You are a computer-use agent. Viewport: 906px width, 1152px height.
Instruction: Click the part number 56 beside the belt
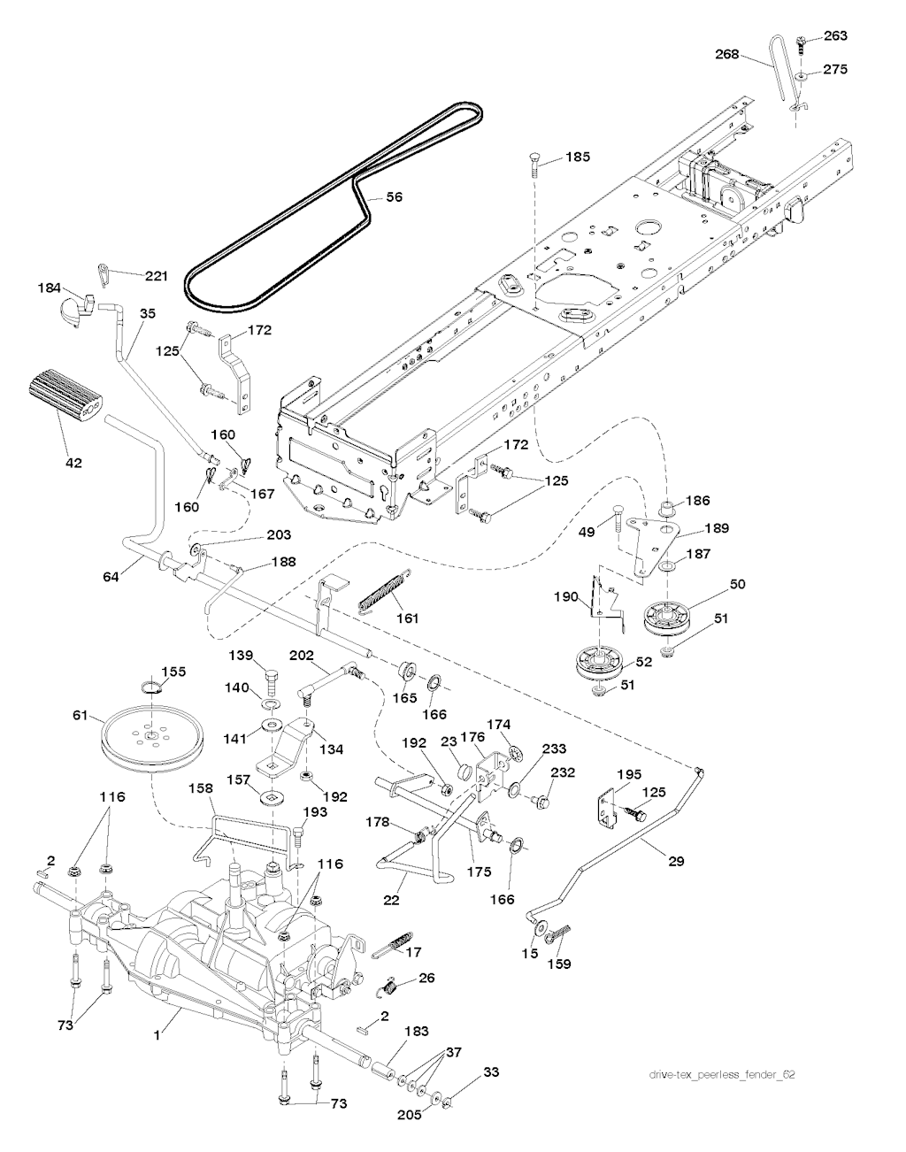coord(394,197)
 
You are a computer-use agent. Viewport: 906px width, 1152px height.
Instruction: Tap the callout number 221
coord(156,276)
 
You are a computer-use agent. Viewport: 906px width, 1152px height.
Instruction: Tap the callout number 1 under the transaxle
coord(157,1033)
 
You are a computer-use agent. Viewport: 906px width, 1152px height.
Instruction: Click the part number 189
coord(717,529)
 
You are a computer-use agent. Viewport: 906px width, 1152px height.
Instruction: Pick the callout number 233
coord(556,749)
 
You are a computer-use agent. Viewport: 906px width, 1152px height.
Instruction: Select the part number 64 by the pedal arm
coord(111,576)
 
